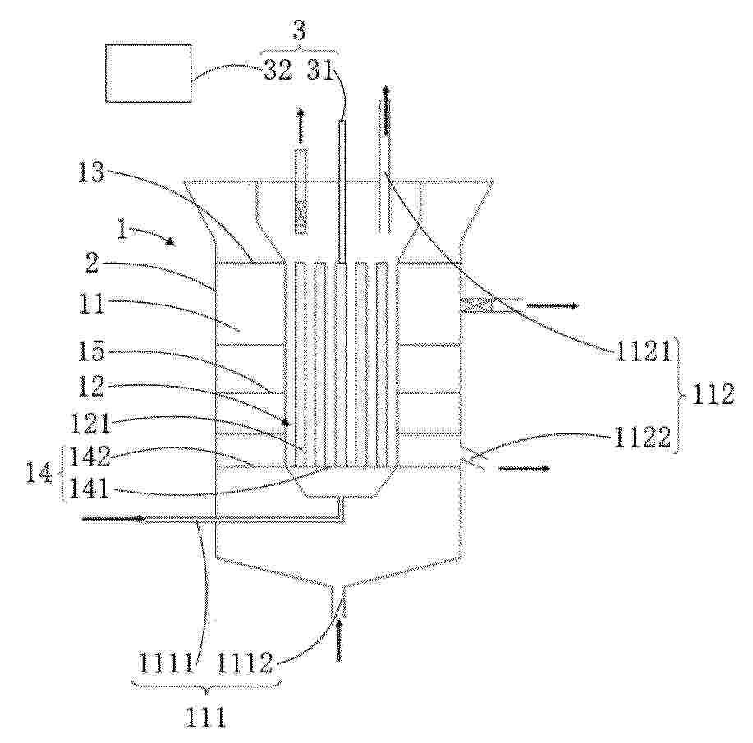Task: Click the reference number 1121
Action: click(642, 353)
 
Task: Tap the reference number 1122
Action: click(642, 437)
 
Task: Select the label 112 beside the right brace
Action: click(713, 395)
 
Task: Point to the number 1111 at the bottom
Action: click(166, 663)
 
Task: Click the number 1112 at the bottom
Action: click(245, 663)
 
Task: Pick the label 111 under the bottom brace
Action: click(205, 718)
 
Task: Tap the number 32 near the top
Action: click(278, 71)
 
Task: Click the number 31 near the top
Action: click(320, 71)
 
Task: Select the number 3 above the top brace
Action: click(299, 30)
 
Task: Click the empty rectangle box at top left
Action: click(149, 74)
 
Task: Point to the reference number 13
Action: click(91, 172)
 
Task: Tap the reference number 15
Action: click(91, 351)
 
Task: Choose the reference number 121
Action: click(90, 424)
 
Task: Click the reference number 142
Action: click(90, 456)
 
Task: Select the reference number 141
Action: click(90, 489)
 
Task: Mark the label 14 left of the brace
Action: click(39, 473)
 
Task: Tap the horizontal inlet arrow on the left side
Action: click(114, 519)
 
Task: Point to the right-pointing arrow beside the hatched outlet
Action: click(553, 306)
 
